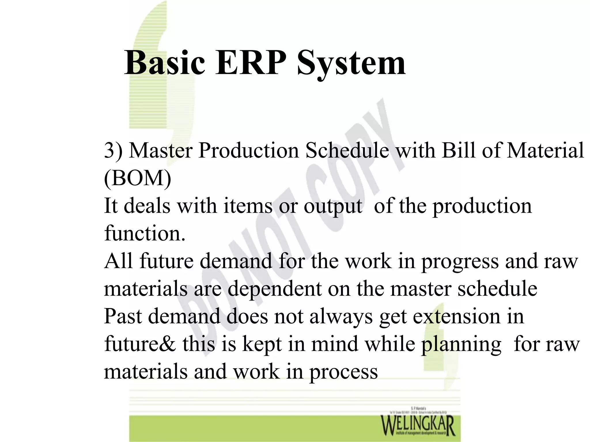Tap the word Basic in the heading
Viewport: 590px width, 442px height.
164,63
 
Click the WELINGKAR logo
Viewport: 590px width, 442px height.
418,425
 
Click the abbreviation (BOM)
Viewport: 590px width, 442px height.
137,178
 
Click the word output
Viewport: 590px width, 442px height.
333,207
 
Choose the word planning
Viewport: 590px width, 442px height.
461,345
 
